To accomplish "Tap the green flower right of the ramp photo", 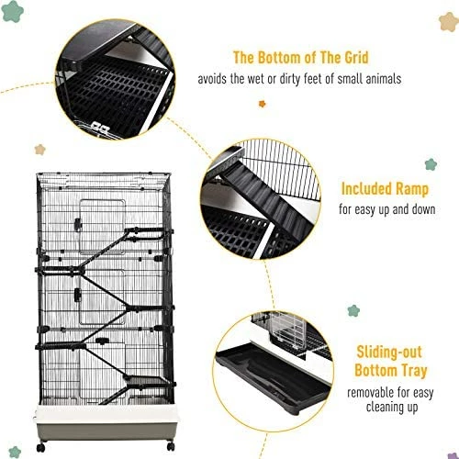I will (430, 165).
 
